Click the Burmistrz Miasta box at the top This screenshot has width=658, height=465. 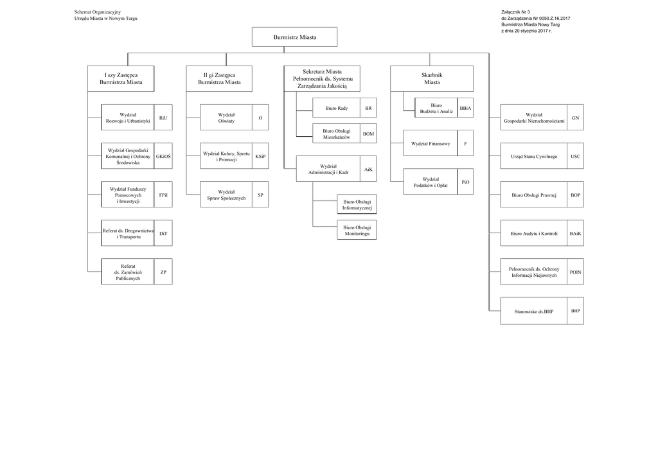pyautogui.click(x=294, y=37)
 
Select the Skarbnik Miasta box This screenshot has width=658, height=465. pyautogui.click(x=432, y=78)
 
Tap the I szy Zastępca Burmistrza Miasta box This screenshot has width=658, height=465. pyautogui.click(x=121, y=78)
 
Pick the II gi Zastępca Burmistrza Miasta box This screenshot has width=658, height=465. pyautogui.click(x=220, y=78)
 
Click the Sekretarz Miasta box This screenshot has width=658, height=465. pyautogui.click(x=322, y=78)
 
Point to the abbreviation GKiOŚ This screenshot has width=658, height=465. pyautogui.click(x=163, y=157)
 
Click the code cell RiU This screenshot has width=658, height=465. pyautogui.click(x=163, y=118)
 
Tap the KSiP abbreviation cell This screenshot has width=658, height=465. pyautogui.click(x=260, y=157)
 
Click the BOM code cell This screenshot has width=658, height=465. pyautogui.click(x=368, y=134)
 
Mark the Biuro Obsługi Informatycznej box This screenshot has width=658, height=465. pyautogui.click(x=357, y=205)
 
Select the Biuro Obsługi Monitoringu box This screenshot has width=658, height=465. pyautogui.click(x=357, y=230)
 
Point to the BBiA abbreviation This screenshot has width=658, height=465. pyautogui.click(x=465, y=108)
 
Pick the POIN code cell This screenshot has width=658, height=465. pyautogui.click(x=575, y=272)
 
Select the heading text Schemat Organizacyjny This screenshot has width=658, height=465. pyautogui.click(x=98, y=12)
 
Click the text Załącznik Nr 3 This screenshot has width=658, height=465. pyautogui.click(x=515, y=12)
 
